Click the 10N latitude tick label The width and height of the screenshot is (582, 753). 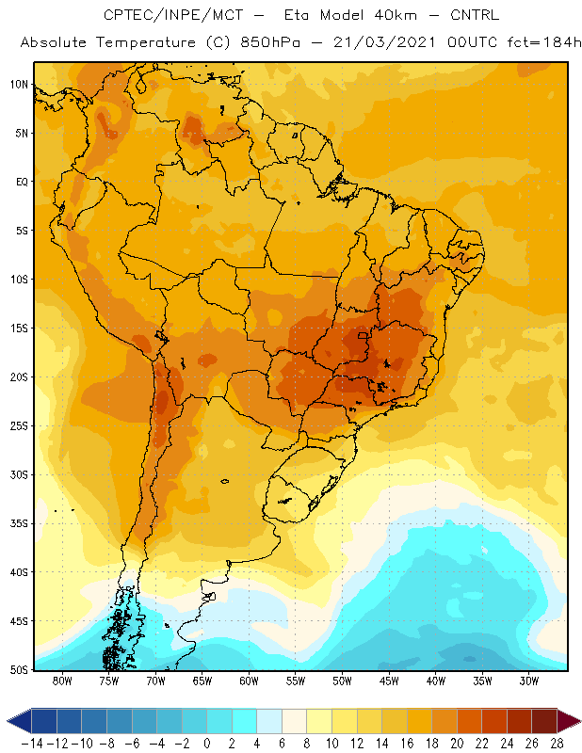pos(19,85)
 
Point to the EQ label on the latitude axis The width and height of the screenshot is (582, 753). pos(22,182)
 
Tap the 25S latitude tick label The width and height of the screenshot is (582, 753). pos(19,426)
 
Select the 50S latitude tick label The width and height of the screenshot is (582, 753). pos(19,670)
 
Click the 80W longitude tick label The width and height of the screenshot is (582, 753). pos(62,681)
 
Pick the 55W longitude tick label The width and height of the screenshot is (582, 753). pos(296,681)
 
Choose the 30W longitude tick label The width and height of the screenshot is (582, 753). pos(529,681)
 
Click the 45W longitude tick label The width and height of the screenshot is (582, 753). pos(389,681)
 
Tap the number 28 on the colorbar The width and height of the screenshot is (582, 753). pos(557,744)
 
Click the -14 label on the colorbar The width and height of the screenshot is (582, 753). pos(32,744)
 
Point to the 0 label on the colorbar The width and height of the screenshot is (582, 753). pos(206,744)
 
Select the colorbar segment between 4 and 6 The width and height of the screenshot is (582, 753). pos(269,721)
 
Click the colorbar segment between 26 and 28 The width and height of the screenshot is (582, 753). pos(544,721)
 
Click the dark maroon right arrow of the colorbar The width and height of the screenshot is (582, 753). pos(568,721)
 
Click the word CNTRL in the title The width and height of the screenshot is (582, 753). pos(475,15)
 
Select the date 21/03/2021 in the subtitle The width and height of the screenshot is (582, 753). pos(384,42)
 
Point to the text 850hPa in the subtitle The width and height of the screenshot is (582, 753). pos(270,42)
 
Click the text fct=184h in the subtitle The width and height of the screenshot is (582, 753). pos(544,42)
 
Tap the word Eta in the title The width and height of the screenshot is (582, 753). pos(297,15)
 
